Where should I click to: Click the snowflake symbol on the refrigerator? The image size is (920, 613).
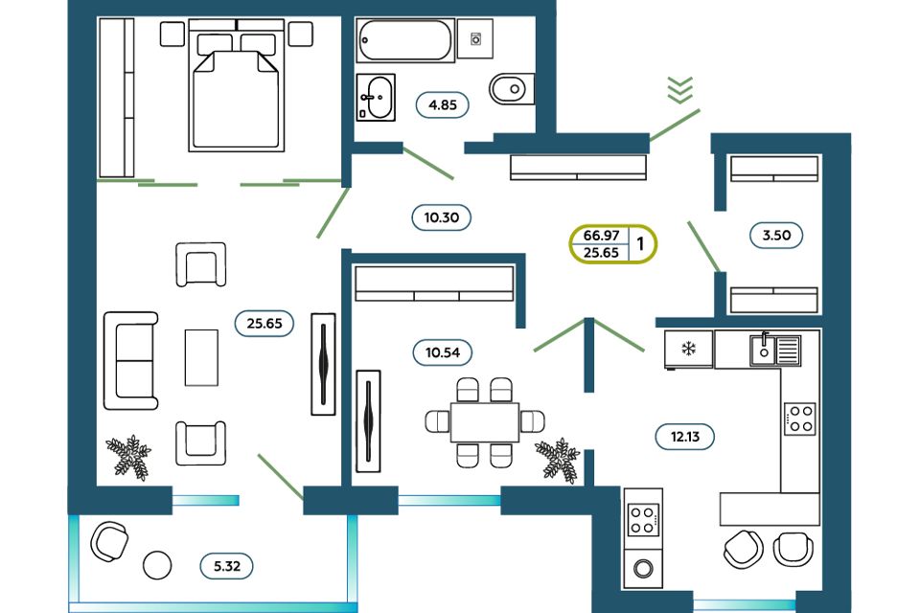tap(688, 349)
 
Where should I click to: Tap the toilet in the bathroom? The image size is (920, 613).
tap(512, 89)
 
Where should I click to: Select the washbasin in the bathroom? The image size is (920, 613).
tap(376, 98)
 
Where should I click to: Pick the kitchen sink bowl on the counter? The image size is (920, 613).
tap(764, 351)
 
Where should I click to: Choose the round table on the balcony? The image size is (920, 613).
tap(157, 565)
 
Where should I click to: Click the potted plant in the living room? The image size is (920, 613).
tap(128, 458)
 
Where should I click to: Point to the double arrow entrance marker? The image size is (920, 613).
tap(680, 90)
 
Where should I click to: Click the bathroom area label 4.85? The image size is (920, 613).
tap(443, 105)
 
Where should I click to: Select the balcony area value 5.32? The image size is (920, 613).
tap(227, 566)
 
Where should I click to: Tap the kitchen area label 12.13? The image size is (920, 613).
tap(684, 437)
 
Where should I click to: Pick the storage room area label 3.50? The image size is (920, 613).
tap(776, 236)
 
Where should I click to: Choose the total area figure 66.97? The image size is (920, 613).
tap(602, 236)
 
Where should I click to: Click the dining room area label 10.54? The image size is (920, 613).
tap(443, 352)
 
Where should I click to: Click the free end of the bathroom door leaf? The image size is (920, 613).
tap(453, 178)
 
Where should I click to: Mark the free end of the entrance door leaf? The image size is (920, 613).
tap(700, 110)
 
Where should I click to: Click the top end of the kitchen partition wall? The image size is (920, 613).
tap(589, 319)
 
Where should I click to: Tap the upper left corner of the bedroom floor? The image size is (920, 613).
tap(97, 17)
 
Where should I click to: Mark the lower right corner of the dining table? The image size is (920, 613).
tap(519, 442)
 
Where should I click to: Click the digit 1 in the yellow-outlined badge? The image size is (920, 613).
tap(640, 243)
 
